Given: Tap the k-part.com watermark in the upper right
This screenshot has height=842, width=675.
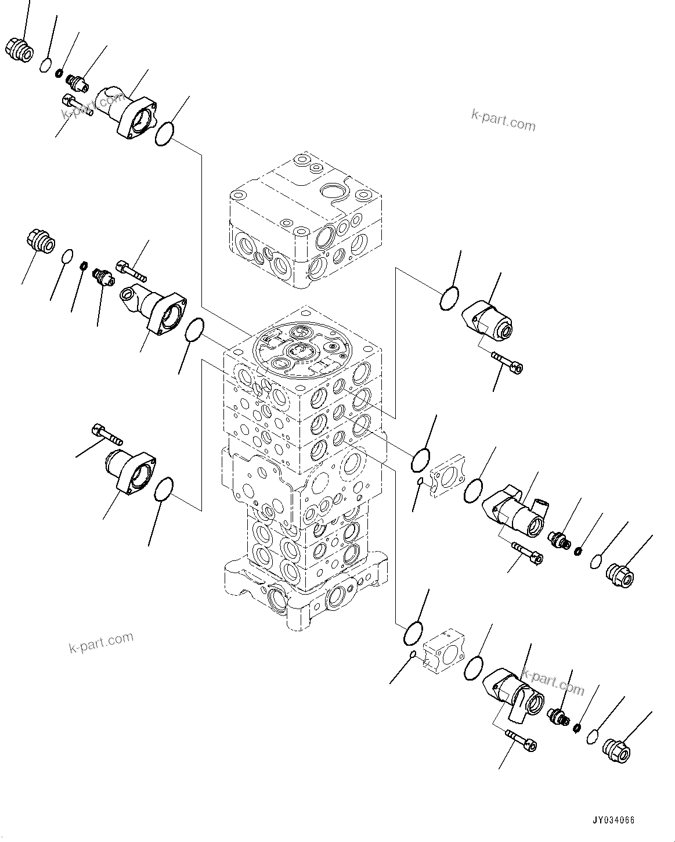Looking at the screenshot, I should (x=503, y=120).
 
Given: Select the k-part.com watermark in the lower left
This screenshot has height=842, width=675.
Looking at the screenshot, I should (x=100, y=642).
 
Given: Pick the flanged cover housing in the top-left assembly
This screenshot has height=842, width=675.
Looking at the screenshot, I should (x=127, y=111).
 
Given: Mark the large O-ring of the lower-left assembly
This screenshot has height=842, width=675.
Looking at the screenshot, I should (x=165, y=489).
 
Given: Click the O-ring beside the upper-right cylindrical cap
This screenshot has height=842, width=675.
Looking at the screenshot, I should (x=449, y=300).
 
